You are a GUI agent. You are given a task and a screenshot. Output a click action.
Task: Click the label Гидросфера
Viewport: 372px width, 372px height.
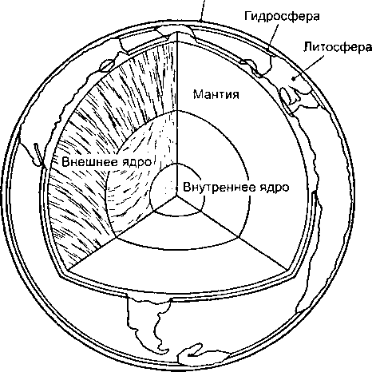click(x=282, y=17)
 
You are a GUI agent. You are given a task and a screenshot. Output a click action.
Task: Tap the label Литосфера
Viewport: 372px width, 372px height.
click(x=338, y=47)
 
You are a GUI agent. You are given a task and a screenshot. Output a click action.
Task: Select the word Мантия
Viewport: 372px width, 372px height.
click(x=216, y=94)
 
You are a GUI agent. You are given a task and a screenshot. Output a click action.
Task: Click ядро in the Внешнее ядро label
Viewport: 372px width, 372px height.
click(x=135, y=162)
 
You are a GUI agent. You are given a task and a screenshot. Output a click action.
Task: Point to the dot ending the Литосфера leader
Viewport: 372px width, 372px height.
click(x=294, y=78)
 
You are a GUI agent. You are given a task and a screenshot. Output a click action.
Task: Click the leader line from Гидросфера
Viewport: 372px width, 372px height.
click(x=273, y=37)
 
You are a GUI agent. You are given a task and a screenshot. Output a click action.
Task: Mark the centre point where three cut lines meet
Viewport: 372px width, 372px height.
click(x=176, y=195)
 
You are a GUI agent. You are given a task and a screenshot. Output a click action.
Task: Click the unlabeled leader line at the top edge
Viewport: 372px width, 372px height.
click(x=203, y=10)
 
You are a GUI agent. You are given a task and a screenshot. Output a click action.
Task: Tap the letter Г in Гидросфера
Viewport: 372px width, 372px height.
click(x=248, y=16)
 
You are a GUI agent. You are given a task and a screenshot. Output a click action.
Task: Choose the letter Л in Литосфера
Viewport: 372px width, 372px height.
click(x=308, y=47)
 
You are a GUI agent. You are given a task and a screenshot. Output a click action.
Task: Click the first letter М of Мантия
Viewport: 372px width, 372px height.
click(x=198, y=94)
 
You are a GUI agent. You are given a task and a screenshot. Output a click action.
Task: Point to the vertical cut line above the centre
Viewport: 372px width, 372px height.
click(x=177, y=114)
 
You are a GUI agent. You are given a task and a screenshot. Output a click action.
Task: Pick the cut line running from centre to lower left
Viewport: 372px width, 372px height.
click(x=122, y=232)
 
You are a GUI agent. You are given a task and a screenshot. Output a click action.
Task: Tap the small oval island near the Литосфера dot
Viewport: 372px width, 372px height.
click(x=285, y=95)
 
